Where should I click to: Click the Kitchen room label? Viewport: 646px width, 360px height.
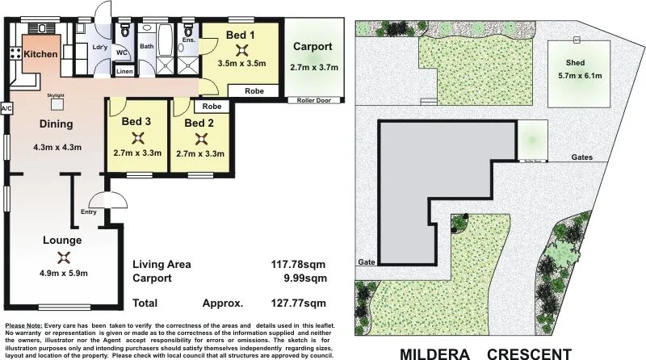coord(40,54)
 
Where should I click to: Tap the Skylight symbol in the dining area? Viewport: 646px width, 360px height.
coord(56,103)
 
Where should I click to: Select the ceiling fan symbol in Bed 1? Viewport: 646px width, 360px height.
coord(240,47)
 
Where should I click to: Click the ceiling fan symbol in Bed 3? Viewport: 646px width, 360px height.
coord(138,137)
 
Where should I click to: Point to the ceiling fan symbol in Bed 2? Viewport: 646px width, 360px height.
coord(199,137)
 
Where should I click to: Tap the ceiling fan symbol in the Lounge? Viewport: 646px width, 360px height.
coord(65,257)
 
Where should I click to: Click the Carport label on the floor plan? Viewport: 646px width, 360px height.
coord(313,47)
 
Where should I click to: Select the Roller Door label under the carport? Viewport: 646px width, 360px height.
coord(314,100)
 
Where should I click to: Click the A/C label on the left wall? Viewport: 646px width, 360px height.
coord(6,107)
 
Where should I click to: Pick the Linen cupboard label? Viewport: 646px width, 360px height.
coord(124,72)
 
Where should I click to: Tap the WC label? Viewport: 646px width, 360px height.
coord(122,52)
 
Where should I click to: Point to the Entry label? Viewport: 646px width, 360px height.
coord(89,212)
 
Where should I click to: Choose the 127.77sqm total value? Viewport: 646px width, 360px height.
coord(299,303)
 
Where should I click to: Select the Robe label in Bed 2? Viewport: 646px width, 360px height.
coord(212,107)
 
